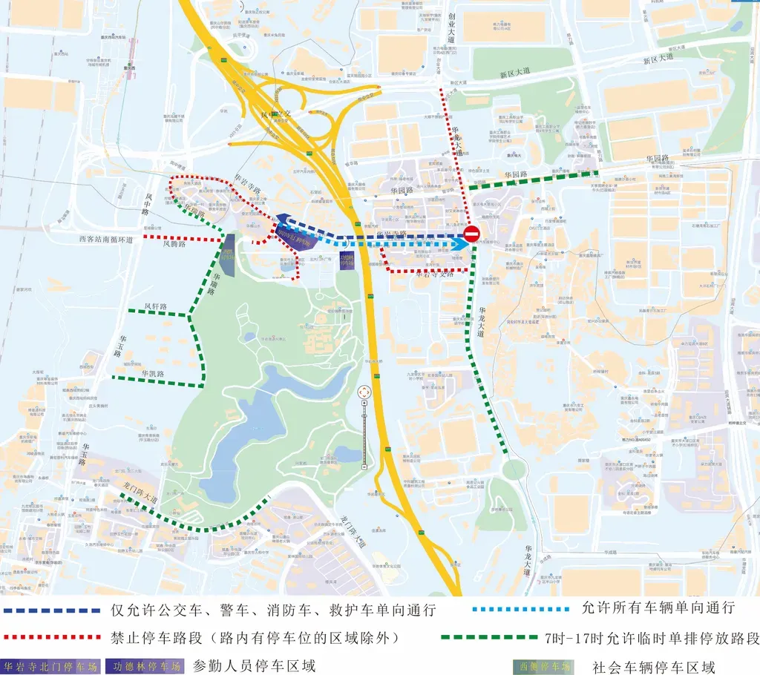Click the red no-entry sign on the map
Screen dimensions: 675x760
click(x=472, y=236)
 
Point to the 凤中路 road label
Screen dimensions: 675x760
click(x=146, y=202)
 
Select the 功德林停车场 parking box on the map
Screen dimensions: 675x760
click(x=347, y=261)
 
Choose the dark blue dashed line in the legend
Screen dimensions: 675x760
click(x=51, y=611)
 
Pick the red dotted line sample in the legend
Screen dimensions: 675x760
click(x=51, y=637)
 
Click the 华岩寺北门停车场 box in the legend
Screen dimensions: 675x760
click(x=50, y=665)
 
